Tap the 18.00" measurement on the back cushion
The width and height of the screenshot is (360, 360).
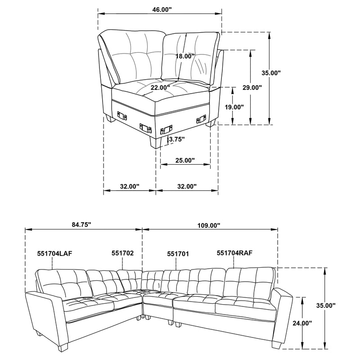[x=185, y=56]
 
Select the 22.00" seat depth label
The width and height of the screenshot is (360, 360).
[x=161, y=87]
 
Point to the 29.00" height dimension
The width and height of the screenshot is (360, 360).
[x=252, y=88]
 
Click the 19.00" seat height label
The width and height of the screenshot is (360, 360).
[x=234, y=107]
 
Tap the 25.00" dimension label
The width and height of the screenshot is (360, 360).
[x=184, y=160]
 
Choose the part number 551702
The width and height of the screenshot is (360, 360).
[x=122, y=253]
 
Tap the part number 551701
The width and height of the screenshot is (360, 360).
[x=178, y=253]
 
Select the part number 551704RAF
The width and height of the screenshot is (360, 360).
[x=234, y=253]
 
